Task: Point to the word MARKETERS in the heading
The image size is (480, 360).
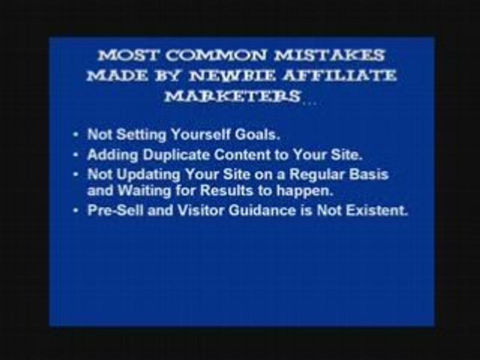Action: tap(232, 96)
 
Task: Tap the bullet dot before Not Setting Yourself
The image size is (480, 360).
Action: tap(75, 135)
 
